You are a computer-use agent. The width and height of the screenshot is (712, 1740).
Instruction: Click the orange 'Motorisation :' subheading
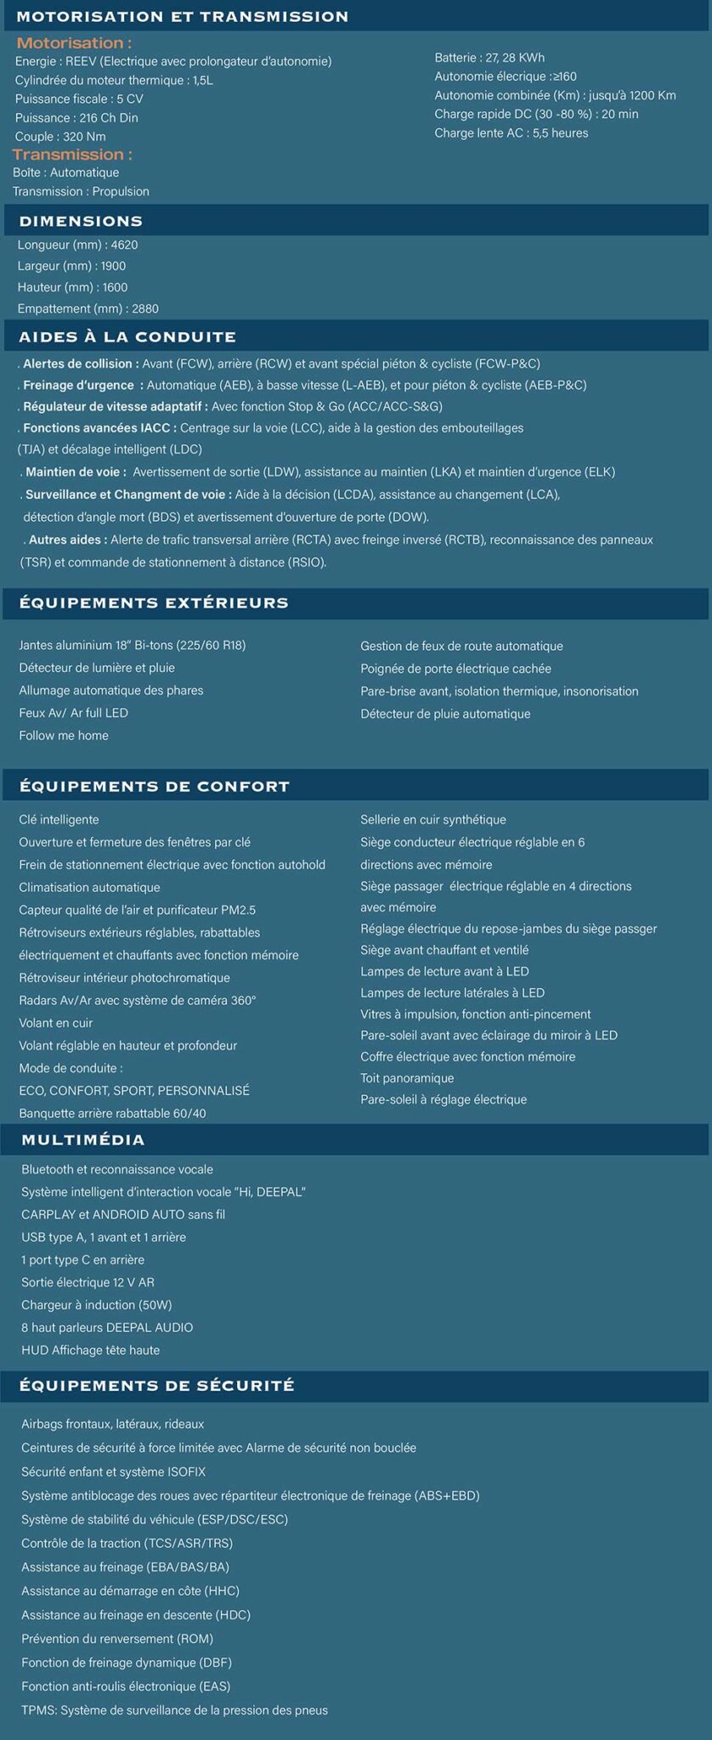click(74, 43)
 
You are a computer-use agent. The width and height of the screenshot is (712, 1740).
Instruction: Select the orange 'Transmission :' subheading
click(72, 155)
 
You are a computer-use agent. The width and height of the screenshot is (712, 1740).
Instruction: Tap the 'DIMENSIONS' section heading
click(81, 221)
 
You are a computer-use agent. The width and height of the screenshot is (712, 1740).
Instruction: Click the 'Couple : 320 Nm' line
click(60, 137)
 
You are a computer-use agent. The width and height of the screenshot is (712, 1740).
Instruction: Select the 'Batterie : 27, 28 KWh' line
click(489, 58)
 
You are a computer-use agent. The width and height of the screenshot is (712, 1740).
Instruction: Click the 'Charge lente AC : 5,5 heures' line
click(511, 133)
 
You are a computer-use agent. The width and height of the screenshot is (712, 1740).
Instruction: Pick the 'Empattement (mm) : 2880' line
click(88, 308)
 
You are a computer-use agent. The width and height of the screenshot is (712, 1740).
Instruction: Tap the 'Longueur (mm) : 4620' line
click(77, 245)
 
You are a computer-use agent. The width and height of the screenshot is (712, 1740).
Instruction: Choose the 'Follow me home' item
click(64, 735)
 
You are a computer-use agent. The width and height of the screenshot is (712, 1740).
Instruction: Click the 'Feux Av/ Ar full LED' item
click(74, 713)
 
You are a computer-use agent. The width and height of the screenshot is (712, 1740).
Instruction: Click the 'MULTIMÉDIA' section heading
click(83, 1139)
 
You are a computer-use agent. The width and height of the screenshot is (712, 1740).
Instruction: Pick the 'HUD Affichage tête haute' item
click(91, 1349)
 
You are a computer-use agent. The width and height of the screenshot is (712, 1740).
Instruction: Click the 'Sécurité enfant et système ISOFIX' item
click(114, 1472)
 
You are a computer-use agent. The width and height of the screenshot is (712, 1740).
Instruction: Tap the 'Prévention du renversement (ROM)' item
click(117, 1638)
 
